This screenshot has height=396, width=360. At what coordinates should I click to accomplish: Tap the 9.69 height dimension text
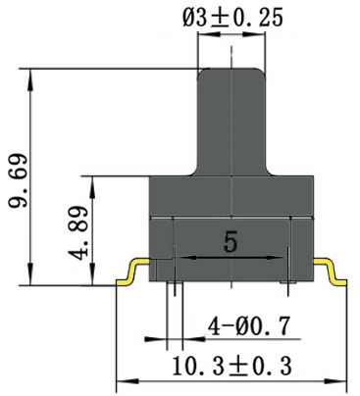click(x=17, y=182)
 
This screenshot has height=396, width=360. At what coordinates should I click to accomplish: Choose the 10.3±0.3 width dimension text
click(x=231, y=366)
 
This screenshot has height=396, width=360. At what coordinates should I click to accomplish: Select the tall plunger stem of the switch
click(x=231, y=118)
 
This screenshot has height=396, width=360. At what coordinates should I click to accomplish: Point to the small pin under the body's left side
click(x=173, y=286)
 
